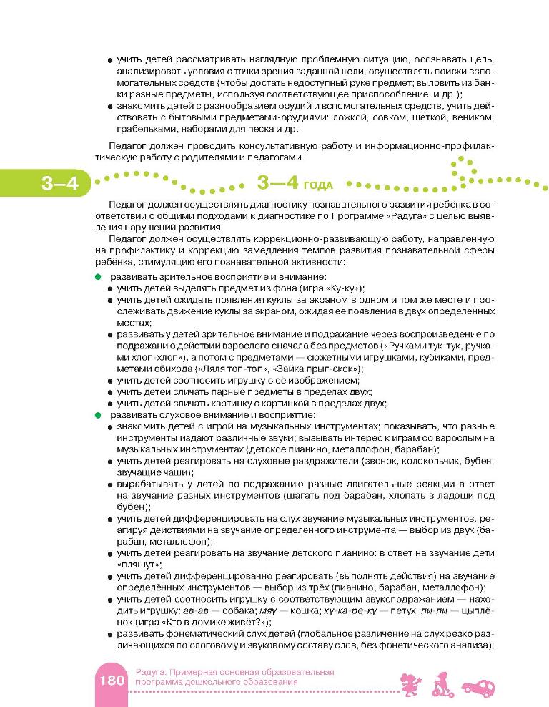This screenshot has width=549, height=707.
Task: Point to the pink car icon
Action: pos(477,686)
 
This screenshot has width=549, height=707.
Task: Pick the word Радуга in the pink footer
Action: pos(149,672)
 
